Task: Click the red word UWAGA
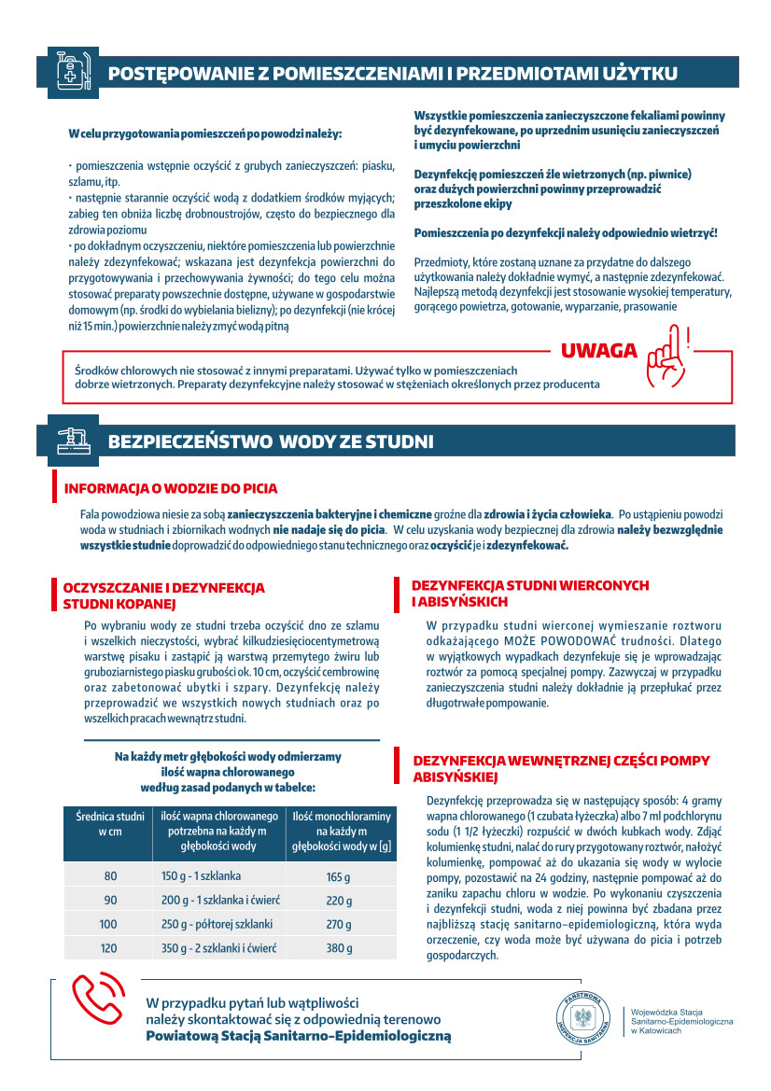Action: tap(599, 351)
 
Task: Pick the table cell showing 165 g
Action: tap(338, 877)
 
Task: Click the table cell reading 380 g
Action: tap(338, 948)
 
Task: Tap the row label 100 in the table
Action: tap(108, 924)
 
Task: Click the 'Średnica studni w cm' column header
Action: tap(110, 824)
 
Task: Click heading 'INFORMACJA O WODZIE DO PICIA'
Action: tap(171, 488)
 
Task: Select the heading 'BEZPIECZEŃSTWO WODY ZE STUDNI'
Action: tap(271, 441)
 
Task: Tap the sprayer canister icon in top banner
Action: tap(73, 71)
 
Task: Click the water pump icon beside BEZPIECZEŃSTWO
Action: tap(73, 440)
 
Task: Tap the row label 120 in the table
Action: tap(108, 948)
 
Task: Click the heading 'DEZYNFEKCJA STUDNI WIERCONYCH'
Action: tap(530, 585)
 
